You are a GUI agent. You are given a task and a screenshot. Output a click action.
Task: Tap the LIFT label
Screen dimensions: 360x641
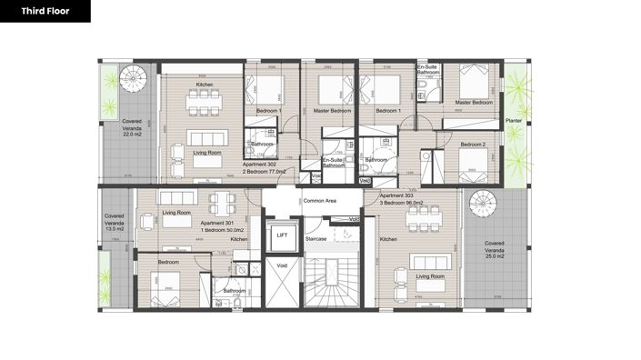pyautogui.click(x=282, y=235)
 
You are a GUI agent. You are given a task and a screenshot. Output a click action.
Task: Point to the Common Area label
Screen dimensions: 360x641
pyautogui.click(x=320, y=200)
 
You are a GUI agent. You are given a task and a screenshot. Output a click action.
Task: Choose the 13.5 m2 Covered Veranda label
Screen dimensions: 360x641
pyautogui.click(x=115, y=223)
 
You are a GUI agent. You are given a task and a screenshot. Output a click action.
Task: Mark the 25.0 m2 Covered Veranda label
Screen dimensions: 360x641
pyautogui.click(x=495, y=249)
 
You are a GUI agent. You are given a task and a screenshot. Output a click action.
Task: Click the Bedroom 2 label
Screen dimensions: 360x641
pyautogui.click(x=472, y=145)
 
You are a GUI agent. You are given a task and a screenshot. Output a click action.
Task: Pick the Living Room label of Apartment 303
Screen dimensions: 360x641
pyautogui.click(x=430, y=275)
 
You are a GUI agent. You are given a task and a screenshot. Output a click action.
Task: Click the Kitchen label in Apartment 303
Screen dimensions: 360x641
pyautogui.click(x=388, y=239)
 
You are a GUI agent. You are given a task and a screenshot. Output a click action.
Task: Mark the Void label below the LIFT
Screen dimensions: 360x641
pyautogui.click(x=281, y=265)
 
